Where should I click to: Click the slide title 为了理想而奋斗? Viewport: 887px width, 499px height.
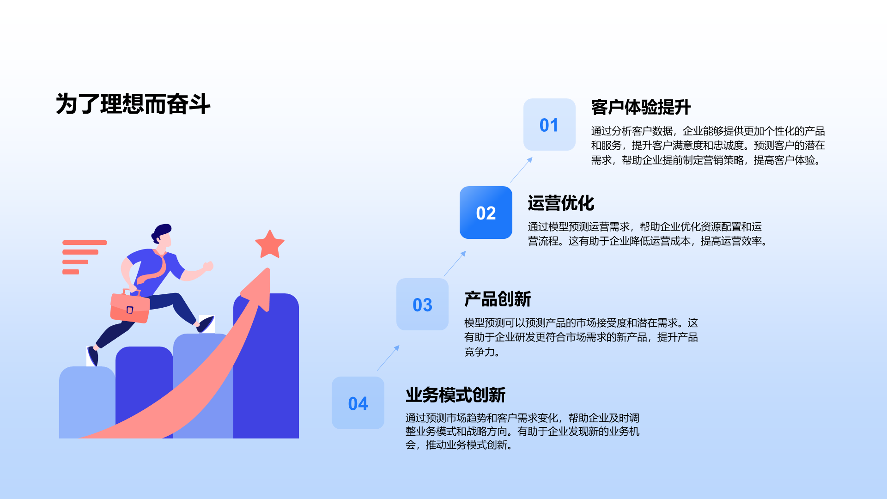pos(133,104)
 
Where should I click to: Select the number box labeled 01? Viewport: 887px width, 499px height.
pos(549,125)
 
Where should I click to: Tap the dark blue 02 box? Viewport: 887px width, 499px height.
pos(486,213)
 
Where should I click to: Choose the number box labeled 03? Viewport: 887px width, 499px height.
pos(422,304)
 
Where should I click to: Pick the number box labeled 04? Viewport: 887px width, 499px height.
pos(358,403)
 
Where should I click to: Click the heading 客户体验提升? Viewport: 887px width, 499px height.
pos(641,107)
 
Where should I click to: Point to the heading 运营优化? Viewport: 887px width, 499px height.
pos(561,203)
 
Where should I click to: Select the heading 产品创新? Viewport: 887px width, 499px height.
pos(498,299)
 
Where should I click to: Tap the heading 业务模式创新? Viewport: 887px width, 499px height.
pos(455,395)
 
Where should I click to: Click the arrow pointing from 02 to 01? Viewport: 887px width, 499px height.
pos(522,170)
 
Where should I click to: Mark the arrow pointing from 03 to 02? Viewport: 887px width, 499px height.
pos(455,263)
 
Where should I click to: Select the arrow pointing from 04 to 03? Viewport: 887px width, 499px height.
pos(389,358)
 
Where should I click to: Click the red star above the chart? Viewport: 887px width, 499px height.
pos(270,244)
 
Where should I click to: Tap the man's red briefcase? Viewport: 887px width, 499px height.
pos(130,307)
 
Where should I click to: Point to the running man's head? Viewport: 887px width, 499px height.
pos(162,234)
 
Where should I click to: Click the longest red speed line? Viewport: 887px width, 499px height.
pos(85,243)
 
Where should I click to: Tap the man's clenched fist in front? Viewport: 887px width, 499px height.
pos(208,266)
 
